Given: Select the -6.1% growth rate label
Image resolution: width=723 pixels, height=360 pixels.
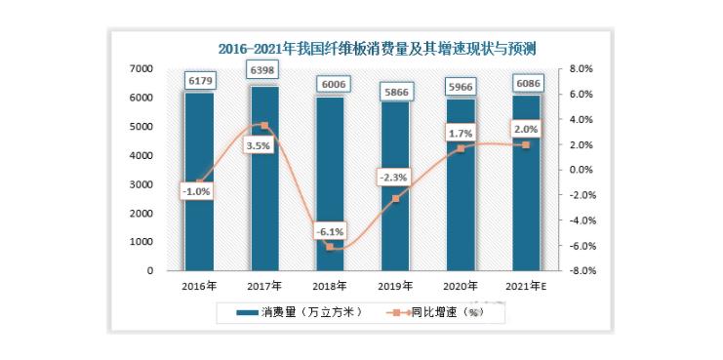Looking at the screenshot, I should coord(329,232).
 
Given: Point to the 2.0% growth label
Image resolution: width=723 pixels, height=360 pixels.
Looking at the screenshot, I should coord(525,129).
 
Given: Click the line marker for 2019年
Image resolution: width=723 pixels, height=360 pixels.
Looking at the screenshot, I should coord(395,198).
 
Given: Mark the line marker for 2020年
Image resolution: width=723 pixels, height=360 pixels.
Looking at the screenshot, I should coord(461,148).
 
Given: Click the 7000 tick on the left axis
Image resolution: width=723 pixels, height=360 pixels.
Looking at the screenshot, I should coord(139,69).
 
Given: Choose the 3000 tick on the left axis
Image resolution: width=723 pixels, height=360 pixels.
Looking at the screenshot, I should coord(139,184).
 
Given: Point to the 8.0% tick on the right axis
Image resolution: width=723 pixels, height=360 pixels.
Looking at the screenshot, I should coord(582,69).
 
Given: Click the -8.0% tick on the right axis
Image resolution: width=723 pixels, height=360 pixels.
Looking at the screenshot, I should coord(582,271).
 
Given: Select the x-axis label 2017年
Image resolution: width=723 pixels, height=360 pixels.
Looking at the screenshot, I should coord(264,286).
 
